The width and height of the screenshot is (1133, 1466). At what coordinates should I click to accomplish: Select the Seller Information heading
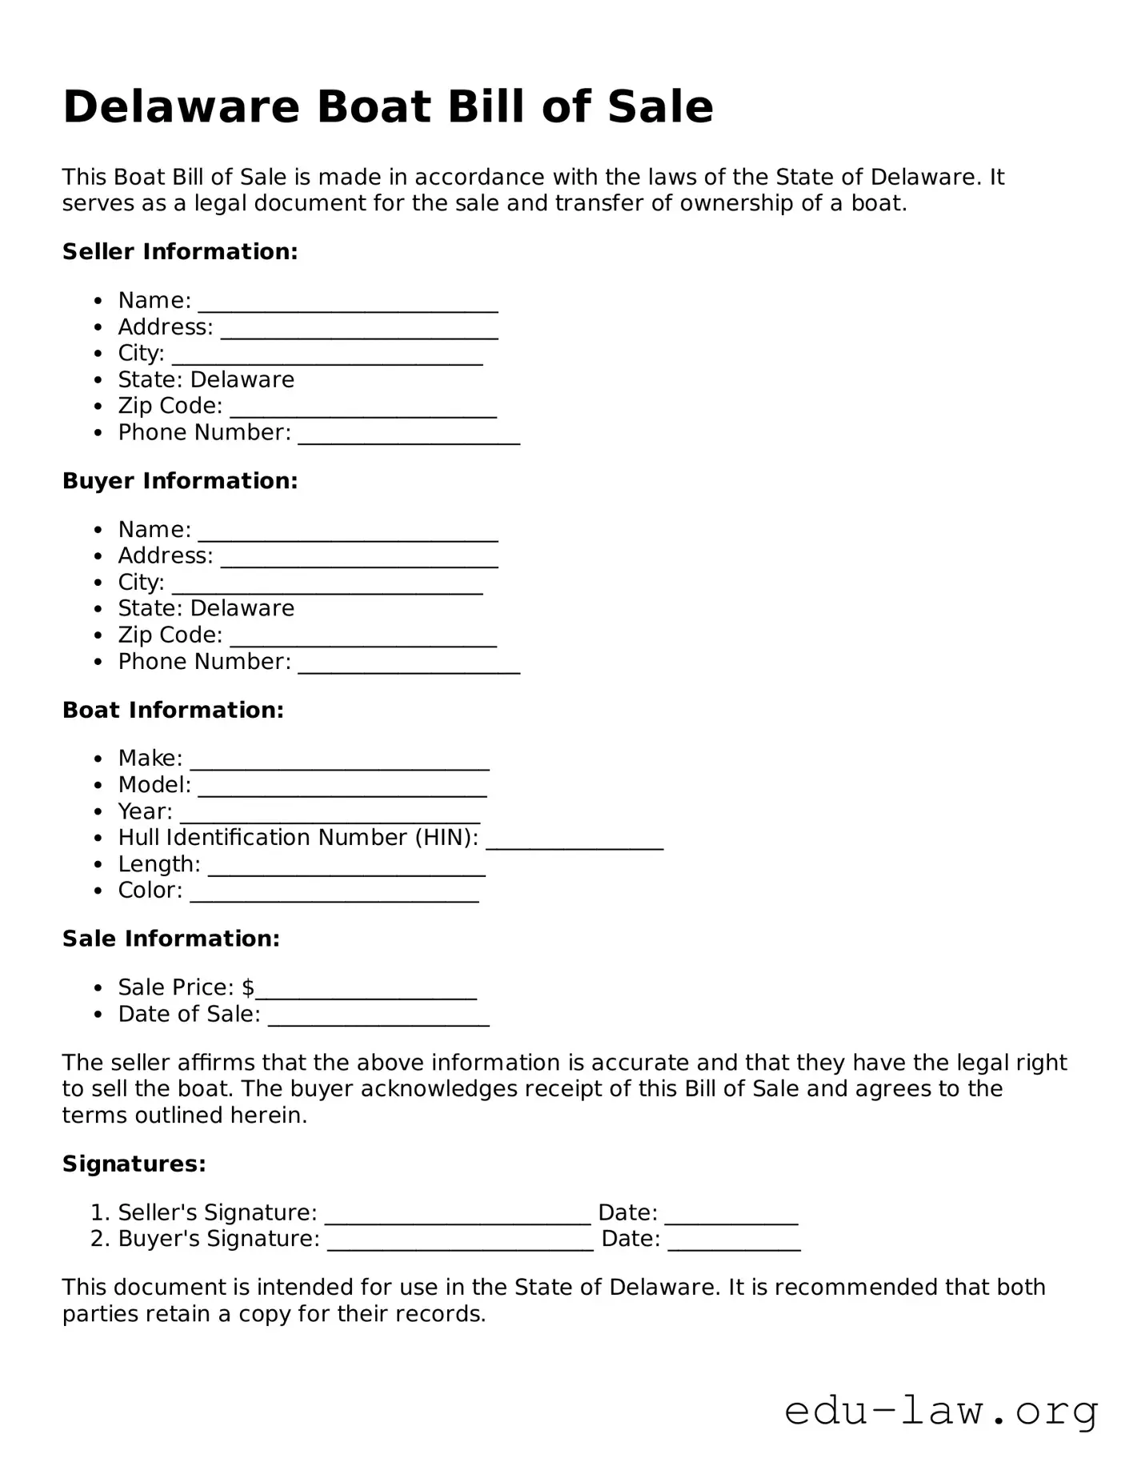(x=180, y=251)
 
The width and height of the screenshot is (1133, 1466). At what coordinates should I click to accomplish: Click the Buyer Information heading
(x=180, y=481)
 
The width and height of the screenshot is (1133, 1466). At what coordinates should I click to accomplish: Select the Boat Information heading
(x=173, y=710)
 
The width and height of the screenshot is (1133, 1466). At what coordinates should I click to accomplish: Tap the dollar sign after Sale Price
(x=248, y=987)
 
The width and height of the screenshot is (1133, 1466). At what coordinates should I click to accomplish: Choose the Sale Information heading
(x=171, y=939)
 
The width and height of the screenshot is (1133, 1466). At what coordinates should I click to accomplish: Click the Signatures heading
(x=134, y=1164)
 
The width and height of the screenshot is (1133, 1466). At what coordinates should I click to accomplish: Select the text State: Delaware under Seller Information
(x=206, y=379)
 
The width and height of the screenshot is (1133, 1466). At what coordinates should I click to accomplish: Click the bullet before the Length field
(x=98, y=865)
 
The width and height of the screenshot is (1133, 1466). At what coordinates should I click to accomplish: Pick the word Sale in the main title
(x=660, y=107)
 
